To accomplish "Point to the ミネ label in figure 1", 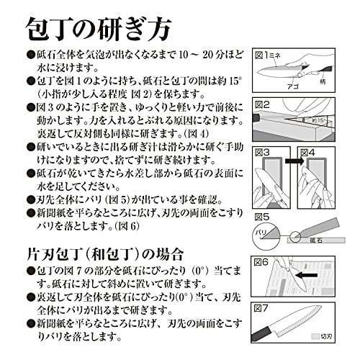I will [x=280, y=55].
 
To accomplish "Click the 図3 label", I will [x=264, y=153].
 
